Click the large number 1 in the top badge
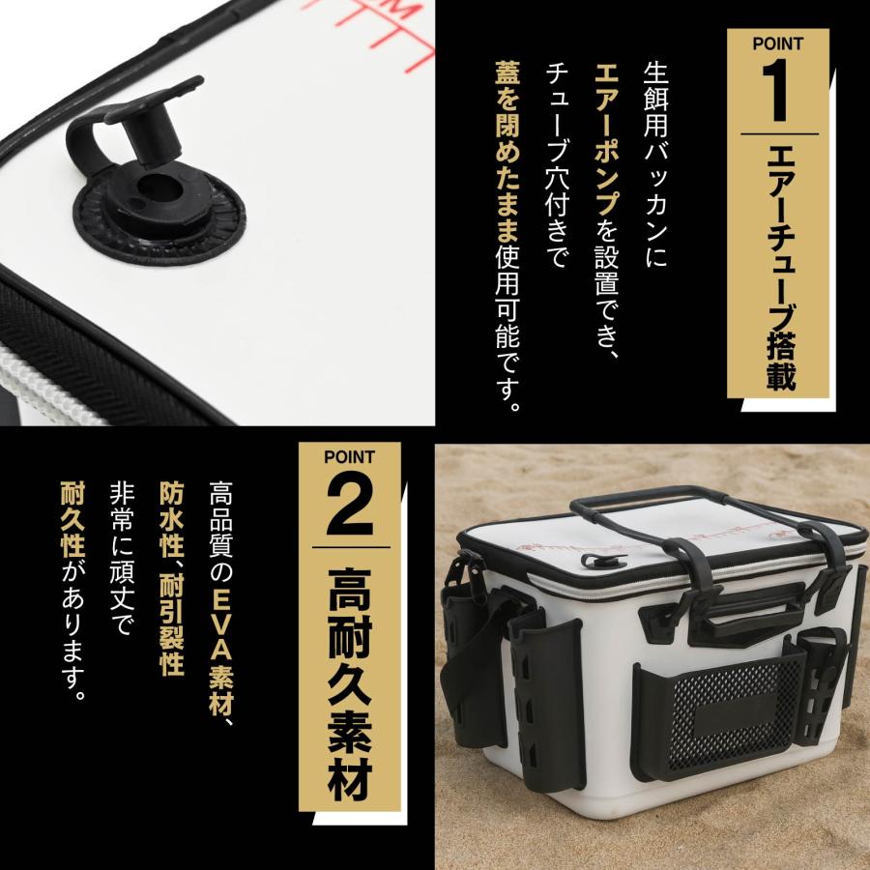(x=778, y=85)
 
